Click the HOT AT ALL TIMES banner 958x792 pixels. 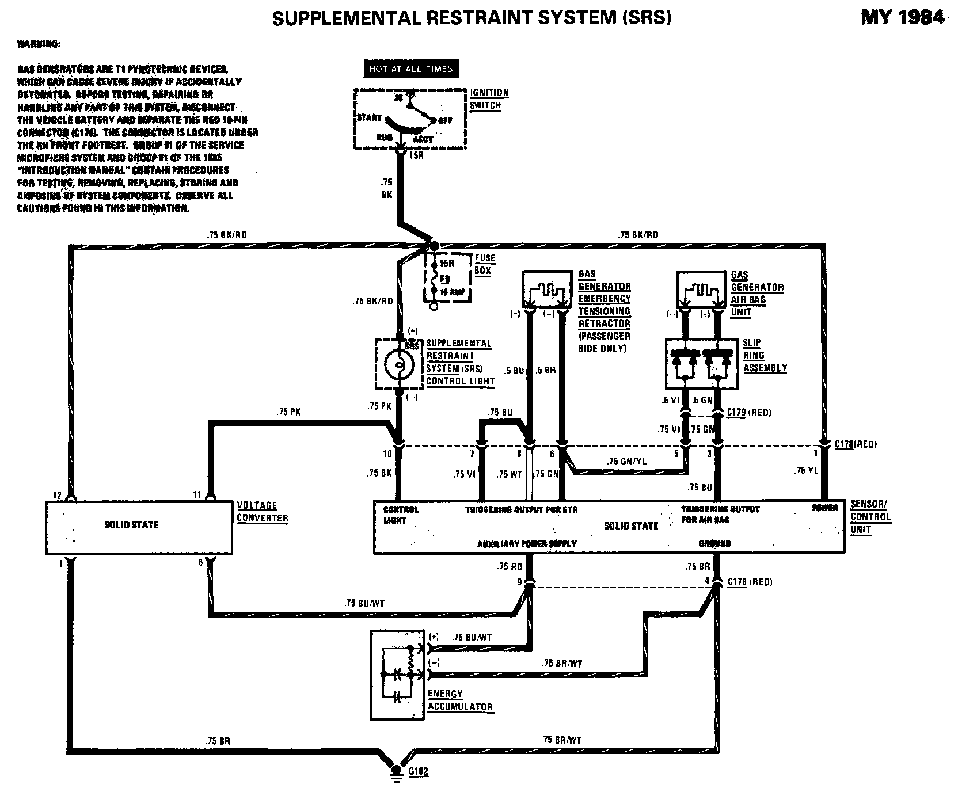pyautogui.click(x=411, y=69)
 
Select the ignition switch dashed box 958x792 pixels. pyautogui.click(x=409, y=119)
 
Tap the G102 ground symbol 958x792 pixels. pyautogui.click(x=396, y=771)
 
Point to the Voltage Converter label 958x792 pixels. pyautogui.click(x=263, y=512)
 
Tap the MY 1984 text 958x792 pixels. pyautogui.click(x=902, y=18)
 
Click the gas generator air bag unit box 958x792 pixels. pyautogui.click(x=701, y=290)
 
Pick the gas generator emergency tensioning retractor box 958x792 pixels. pyautogui.click(x=547, y=289)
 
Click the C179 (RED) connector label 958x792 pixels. pyautogui.click(x=748, y=412)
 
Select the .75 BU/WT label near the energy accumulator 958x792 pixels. pyautogui.click(x=472, y=637)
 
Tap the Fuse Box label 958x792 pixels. pyautogui.click(x=485, y=265)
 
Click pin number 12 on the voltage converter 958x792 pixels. pyautogui.click(x=57, y=495)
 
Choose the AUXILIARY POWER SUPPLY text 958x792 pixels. pyautogui.click(x=527, y=543)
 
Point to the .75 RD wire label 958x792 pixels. pyautogui.click(x=511, y=566)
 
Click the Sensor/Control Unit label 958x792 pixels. pyautogui.click(x=870, y=516)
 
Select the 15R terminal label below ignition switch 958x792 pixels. pyautogui.click(x=416, y=156)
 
